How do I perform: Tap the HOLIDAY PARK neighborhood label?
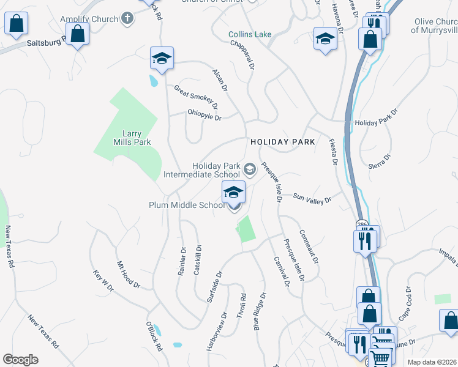(x=282, y=142)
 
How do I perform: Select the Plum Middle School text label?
(x=187, y=206)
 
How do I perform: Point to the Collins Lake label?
(x=250, y=34)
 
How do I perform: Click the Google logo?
(x=20, y=360)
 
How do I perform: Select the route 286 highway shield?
(x=362, y=224)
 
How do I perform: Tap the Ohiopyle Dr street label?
(x=205, y=114)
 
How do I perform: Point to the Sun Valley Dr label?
(x=312, y=199)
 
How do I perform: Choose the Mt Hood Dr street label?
(x=129, y=276)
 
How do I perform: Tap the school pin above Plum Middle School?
(x=233, y=192)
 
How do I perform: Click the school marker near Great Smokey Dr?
(x=162, y=58)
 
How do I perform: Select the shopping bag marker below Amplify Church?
(x=78, y=34)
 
